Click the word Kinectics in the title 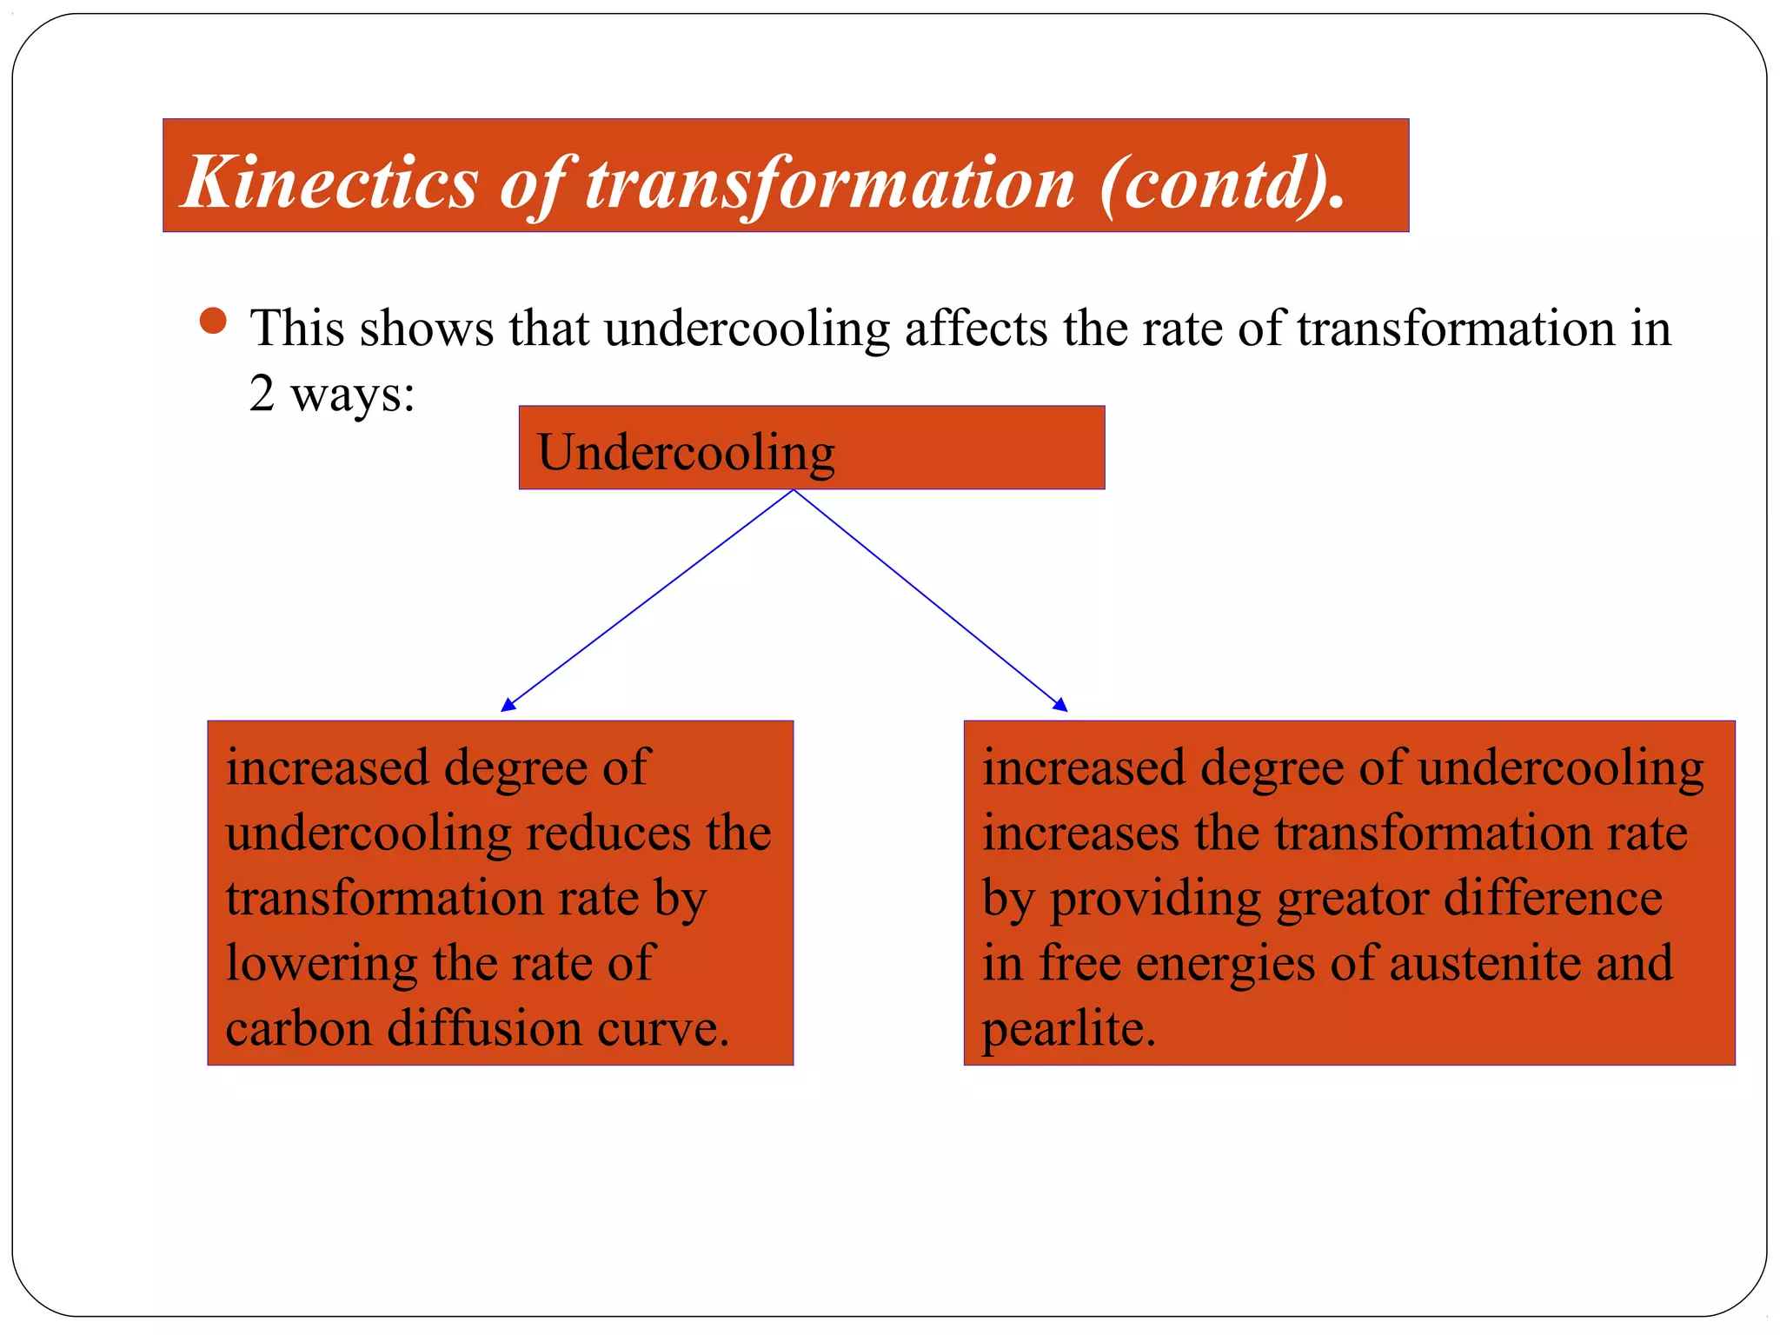click(x=330, y=183)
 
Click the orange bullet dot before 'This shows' click(x=213, y=322)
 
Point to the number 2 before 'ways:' click(x=262, y=393)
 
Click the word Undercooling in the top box click(x=686, y=453)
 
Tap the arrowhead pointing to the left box click(x=508, y=705)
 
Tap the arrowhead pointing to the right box click(x=1060, y=705)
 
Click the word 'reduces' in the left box click(x=608, y=833)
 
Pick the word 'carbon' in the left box click(x=299, y=1028)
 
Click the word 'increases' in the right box click(x=1081, y=833)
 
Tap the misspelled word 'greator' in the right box click(x=1352, y=900)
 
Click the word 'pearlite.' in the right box click(x=1068, y=1028)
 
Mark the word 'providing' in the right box click(x=1155, y=900)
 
